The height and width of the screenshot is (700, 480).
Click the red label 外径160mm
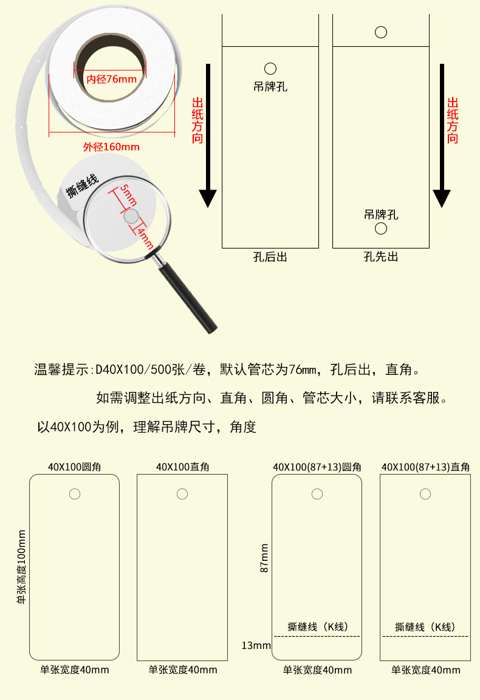[x=111, y=147]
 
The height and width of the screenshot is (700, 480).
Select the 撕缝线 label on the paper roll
[x=83, y=185]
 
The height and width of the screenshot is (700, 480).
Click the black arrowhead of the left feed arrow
[x=208, y=198]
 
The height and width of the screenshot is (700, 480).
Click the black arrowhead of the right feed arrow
[x=442, y=198]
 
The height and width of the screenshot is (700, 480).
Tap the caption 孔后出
[x=270, y=258]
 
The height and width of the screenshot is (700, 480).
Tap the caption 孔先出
[x=381, y=258]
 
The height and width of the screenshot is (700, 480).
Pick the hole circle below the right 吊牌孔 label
[x=381, y=228]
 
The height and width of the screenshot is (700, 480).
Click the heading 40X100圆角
[x=74, y=467]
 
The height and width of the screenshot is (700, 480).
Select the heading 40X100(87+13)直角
[x=425, y=467]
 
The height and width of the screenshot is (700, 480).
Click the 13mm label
[x=256, y=645]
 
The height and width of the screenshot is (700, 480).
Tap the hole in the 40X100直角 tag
[x=182, y=494]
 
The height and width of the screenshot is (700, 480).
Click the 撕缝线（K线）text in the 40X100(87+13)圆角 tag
[x=317, y=627]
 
